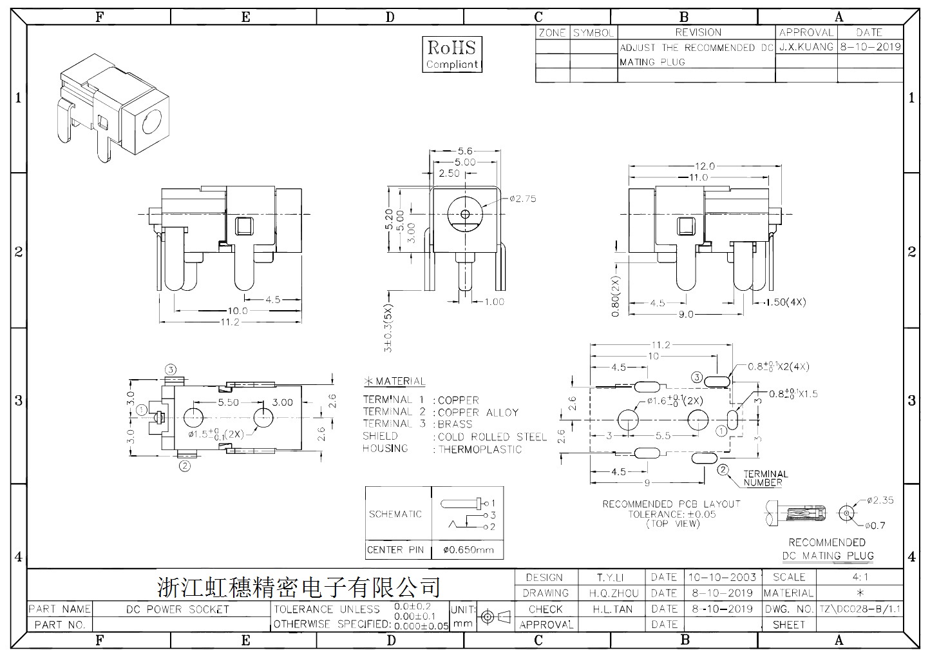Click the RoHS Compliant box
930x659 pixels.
coord(452,54)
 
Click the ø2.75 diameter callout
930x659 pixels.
coord(523,199)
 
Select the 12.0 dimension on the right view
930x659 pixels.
coord(705,166)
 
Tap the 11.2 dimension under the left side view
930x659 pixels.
coord(229,322)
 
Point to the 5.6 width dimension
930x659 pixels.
coord(465,151)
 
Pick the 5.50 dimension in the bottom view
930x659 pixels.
coord(229,402)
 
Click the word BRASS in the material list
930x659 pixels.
coord(455,424)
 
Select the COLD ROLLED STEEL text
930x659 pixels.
coord(493,437)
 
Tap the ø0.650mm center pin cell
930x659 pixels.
coord(468,550)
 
